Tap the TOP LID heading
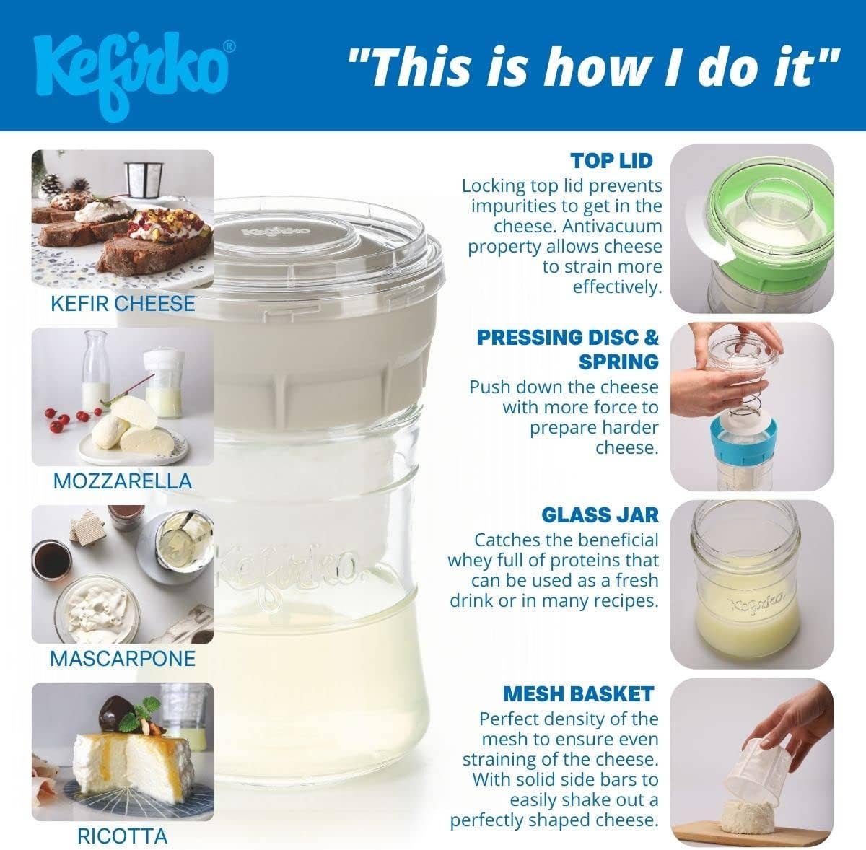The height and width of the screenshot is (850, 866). click(611, 160)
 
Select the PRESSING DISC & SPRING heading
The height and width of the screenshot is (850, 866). click(568, 349)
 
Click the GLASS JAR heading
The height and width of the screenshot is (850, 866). click(600, 514)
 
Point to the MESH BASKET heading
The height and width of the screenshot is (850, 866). click(578, 694)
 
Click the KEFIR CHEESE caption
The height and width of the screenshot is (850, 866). click(123, 303)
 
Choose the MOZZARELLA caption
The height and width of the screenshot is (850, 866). click(123, 481)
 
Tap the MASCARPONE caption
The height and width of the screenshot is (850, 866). click(123, 658)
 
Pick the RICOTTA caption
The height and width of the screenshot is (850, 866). click(123, 836)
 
